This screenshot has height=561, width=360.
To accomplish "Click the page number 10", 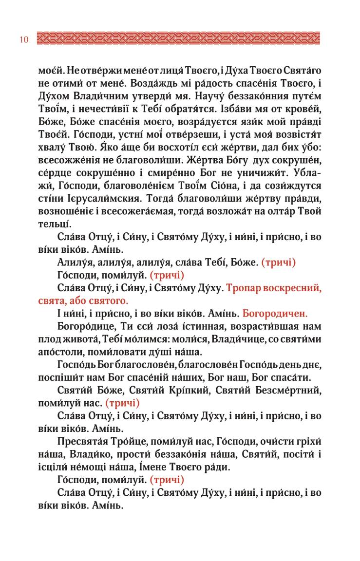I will click(24, 39).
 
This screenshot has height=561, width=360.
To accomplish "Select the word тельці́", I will click(55, 225).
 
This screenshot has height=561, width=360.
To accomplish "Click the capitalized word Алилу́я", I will click(75, 262).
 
